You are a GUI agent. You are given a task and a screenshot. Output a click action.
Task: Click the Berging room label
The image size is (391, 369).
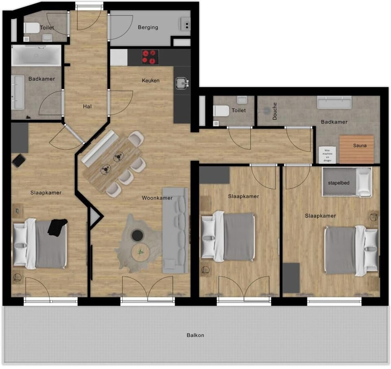point(148,27)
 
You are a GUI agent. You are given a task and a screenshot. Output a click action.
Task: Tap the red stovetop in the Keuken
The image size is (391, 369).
point(150,57)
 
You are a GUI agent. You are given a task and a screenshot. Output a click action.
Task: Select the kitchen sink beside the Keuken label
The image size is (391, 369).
point(182,84)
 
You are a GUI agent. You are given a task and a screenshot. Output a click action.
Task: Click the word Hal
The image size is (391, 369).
point(87,106)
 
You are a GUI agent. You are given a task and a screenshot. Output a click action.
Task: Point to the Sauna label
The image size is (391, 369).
point(360,145)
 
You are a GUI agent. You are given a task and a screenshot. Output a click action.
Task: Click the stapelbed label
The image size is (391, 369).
point(339,183)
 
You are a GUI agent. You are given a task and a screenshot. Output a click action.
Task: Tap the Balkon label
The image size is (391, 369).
point(195,335)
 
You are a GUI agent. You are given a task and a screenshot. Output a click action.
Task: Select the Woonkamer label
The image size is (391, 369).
point(157,198)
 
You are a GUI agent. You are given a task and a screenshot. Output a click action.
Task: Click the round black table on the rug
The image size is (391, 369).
point(137,235)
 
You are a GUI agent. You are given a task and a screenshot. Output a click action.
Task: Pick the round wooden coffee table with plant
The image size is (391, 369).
point(141,252)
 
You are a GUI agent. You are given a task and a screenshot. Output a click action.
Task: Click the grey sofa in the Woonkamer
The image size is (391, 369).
point(175,230)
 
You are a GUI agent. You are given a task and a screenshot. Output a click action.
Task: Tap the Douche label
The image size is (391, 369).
point(275,110)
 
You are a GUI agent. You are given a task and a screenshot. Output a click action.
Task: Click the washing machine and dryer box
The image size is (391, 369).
point(328,155)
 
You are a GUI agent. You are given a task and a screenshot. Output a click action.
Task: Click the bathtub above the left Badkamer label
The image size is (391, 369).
point(36,55)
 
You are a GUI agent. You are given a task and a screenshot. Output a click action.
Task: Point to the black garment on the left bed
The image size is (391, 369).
point(57,227)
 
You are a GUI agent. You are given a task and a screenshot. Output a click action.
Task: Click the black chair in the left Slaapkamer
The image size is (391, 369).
point(19,160)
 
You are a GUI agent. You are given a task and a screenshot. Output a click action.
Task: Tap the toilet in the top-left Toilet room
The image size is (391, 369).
point(31,28)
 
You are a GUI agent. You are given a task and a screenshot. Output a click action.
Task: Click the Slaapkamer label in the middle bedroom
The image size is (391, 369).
point(244,196)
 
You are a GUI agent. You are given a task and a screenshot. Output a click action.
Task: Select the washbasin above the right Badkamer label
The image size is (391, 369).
point(334,102)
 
